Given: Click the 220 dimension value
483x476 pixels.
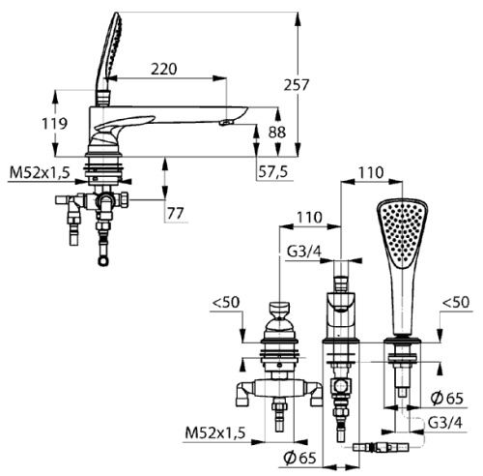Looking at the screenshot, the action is [x=164, y=70].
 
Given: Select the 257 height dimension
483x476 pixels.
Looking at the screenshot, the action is [x=297, y=85].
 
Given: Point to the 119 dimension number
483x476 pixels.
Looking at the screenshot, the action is [x=55, y=124].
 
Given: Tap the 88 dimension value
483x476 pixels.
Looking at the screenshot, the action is [x=277, y=133].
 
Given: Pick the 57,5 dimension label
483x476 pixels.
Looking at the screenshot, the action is [x=273, y=172].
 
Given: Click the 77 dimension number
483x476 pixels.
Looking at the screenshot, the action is [x=176, y=213].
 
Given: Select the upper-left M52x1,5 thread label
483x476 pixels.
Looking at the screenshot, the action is [x=40, y=173].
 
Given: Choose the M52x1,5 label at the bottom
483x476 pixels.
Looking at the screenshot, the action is [x=215, y=432].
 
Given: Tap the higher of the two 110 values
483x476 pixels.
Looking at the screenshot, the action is [x=371, y=173].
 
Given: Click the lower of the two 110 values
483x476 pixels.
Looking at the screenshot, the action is [x=309, y=218].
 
